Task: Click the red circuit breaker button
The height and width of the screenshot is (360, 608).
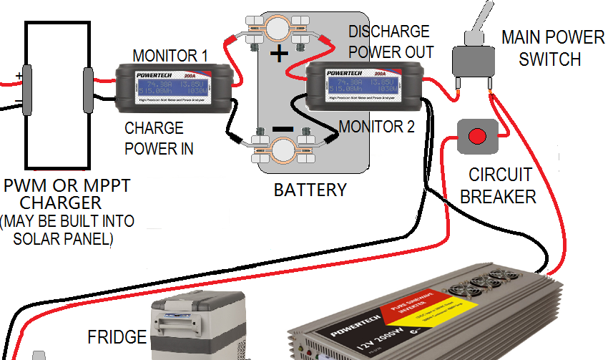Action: pos(476,135)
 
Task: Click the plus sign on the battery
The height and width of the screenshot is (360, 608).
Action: pos(280,54)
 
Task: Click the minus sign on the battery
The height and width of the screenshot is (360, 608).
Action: pos(283,129)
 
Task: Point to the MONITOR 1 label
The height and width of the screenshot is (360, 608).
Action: pos(170,55)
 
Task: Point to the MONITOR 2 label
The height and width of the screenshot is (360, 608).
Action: pos(376,127)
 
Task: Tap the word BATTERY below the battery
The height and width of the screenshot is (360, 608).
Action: pos(310,190)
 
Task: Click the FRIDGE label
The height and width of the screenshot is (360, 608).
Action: pos(117,336)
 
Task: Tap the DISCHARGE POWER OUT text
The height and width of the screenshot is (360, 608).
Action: pos(390,42)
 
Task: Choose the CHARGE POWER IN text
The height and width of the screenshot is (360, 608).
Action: pos(159,138)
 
